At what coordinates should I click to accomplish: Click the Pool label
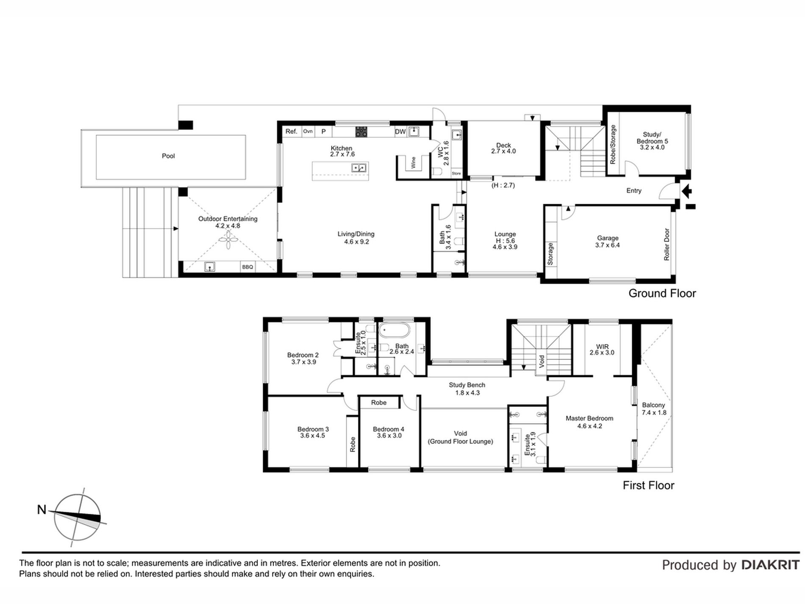point(168,156)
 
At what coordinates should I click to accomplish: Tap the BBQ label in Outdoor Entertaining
point(247,267)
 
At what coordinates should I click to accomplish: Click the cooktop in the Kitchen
point(361,132)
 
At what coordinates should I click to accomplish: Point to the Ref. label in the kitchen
point(291,131)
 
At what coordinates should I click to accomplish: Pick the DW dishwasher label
point(400,132)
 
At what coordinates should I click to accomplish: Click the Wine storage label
point(414,162)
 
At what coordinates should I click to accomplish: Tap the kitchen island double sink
point(359,168)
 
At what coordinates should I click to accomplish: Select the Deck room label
point(503,145)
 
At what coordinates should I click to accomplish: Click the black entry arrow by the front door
point(687,191)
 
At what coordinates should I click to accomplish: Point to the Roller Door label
point(666,245)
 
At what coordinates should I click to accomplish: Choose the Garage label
point(608,238)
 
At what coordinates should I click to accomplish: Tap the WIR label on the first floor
point(602,346)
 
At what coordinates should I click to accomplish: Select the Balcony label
point(653,405)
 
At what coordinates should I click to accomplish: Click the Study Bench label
point(467,385)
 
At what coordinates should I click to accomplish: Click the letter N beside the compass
point(42,509)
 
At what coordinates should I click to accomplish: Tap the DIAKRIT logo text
point(770,565)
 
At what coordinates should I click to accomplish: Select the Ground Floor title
point(662,293)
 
